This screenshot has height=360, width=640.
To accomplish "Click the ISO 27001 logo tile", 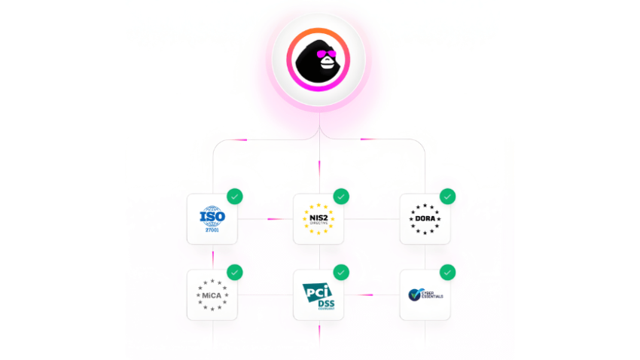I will (x=212, y=219).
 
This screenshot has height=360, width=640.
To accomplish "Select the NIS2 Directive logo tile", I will (x=318, y=219).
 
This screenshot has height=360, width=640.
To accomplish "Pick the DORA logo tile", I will (x=425, y=219).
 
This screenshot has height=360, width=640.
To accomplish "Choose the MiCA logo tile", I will (x=212, y=294).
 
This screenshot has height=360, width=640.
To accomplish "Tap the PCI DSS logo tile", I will (x=318, y=294).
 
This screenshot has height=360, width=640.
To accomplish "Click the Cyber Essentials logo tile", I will (x=425, y=294).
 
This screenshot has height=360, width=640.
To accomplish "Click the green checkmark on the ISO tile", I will (x=235, y=197).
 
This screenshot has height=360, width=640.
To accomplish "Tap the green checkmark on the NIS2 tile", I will (x=341, y=197).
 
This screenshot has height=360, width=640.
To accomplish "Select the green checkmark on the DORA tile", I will (x=448, y=197).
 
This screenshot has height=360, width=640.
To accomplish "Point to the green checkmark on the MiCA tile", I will (x=235, y=272).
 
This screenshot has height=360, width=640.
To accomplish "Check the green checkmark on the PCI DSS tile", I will (x=341, y=272).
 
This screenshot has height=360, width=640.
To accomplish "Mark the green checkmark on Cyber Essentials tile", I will (x=448, y=272).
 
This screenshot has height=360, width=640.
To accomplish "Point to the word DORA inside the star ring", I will (x=425, y=219).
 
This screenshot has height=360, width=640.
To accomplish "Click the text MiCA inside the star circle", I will (x=212, y=294).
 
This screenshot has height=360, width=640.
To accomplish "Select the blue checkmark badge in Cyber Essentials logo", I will (x=413, y=294).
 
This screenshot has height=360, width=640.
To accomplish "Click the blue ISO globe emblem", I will (x=212, y=217).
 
